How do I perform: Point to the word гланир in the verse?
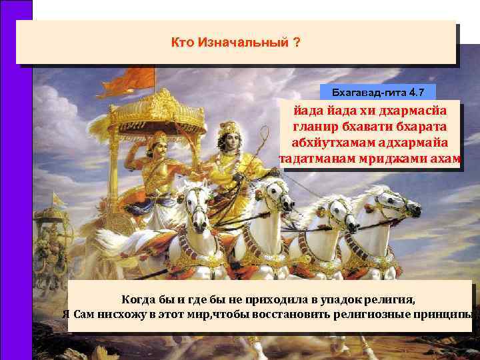point(311,125)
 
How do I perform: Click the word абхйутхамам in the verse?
point(329,142)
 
